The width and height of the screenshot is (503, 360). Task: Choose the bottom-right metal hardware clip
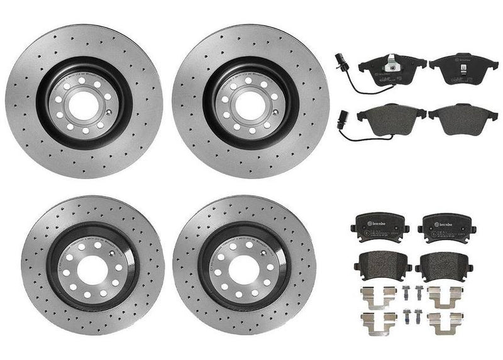[445, 317]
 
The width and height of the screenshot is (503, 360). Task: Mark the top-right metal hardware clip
[445, 294]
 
